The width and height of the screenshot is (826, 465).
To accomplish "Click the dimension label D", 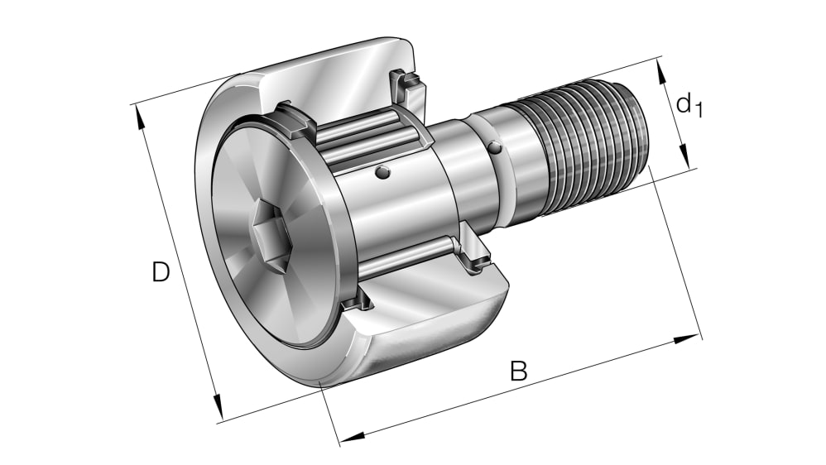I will (x=161, y=272).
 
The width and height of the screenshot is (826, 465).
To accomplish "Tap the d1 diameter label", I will (x=688, y=105).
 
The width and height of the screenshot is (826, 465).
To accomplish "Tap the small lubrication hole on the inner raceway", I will (x=382, y=172).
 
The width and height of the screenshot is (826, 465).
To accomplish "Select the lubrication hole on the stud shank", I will (x=494, y=148).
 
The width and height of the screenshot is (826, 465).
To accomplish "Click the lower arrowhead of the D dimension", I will (x=218, y=407).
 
